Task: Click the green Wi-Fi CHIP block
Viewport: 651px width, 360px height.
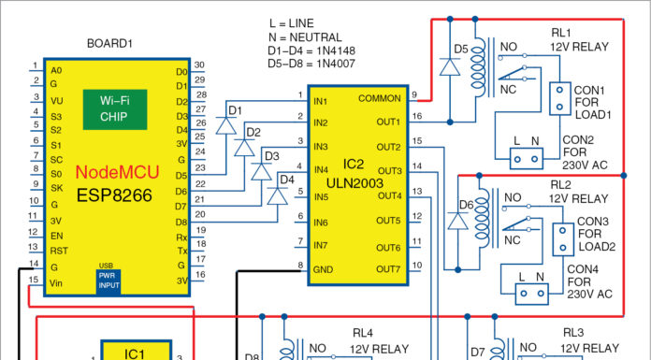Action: tap(120, 109)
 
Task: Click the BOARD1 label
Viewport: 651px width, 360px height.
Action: tap(110, 44)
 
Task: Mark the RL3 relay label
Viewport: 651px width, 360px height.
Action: tap(573, 332)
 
